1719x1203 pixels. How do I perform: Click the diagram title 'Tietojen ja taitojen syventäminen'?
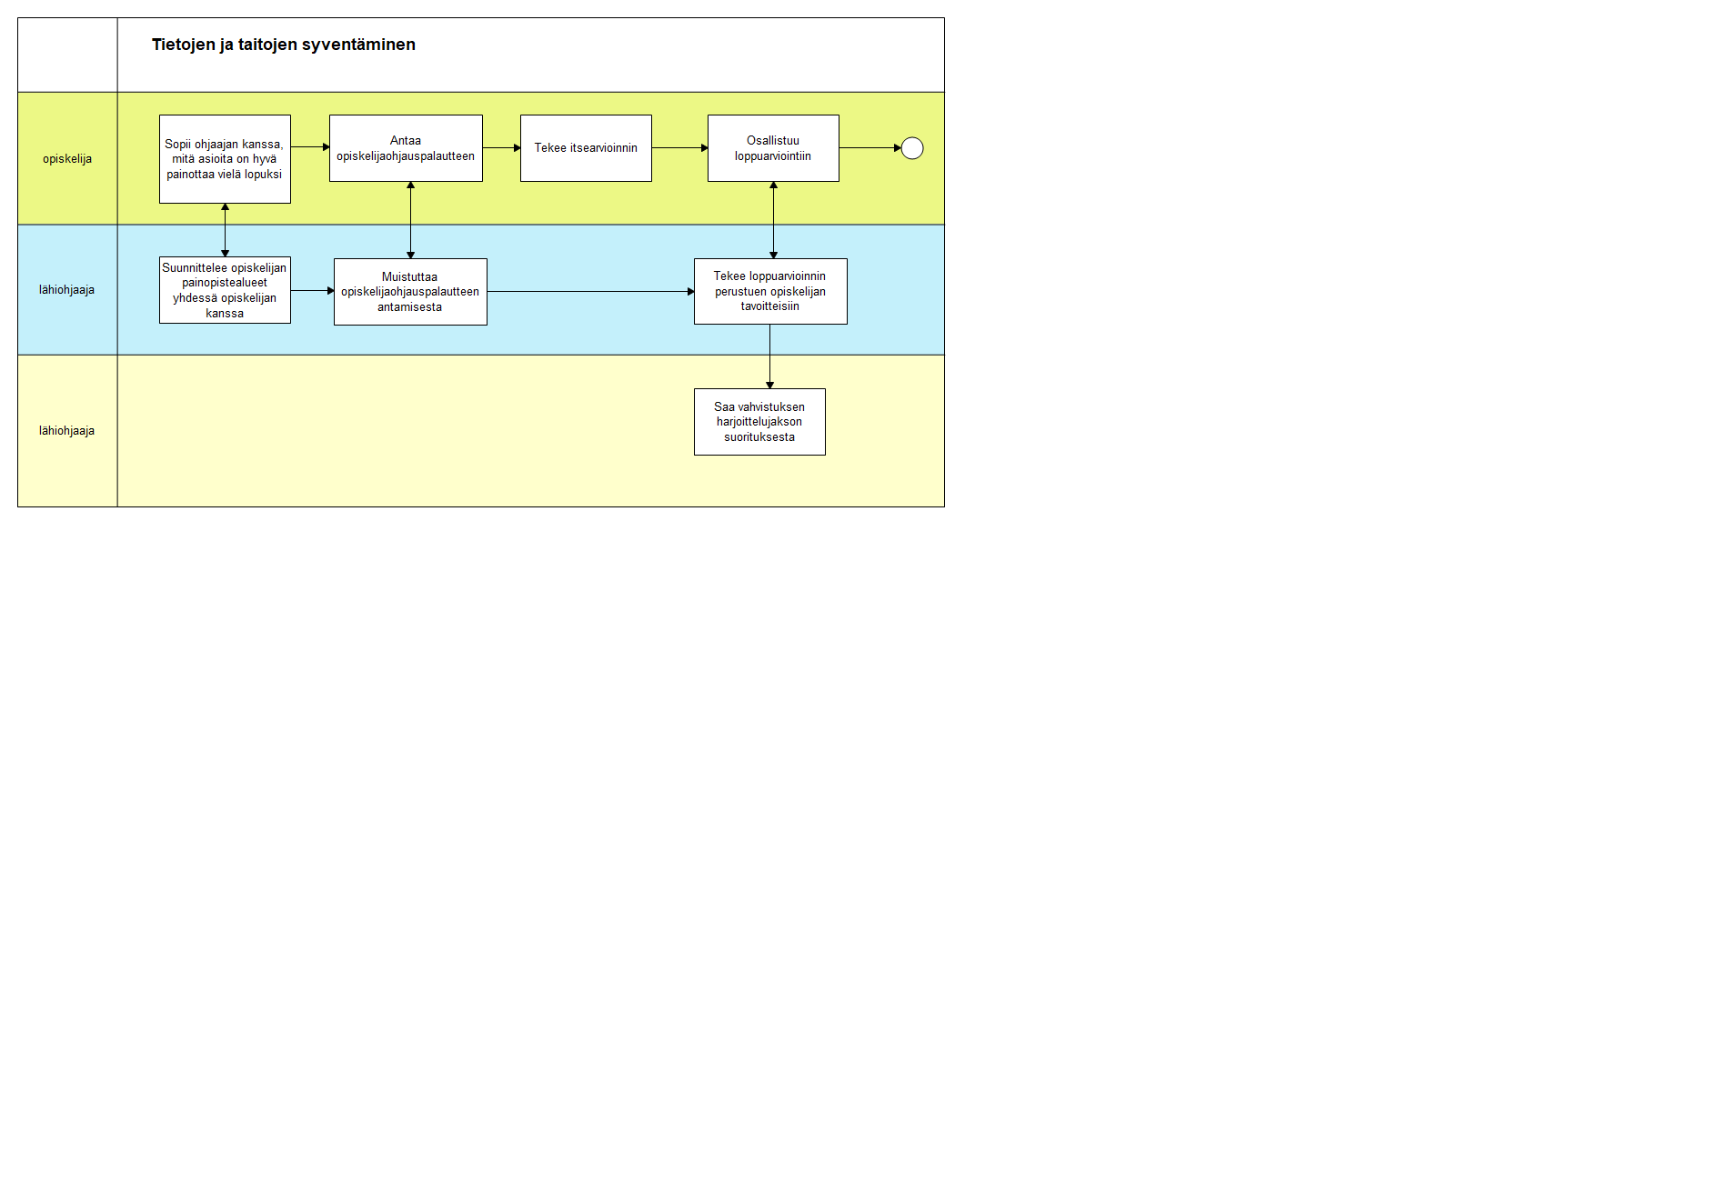[x=283, y=45]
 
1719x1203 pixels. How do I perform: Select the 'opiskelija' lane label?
[x=67, y=159]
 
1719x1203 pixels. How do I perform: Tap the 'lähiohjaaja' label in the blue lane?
[x=66, y=290]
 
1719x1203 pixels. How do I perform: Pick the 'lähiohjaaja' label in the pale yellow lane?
[x=66, y=431]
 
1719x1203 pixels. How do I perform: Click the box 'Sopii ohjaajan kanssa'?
[x=225, y=159]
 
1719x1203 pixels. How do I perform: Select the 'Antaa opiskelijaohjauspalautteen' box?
[x=406, y=148]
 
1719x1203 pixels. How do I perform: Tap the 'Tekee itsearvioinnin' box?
[x=586, y=148]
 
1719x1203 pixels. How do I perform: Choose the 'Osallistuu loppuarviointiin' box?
[x=773, y=148]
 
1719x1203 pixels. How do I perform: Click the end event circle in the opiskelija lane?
[x=912, y=148]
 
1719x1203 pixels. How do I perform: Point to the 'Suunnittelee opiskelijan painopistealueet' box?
[x=225, y=290]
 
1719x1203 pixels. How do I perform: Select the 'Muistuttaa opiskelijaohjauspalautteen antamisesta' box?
[x=410, y=292]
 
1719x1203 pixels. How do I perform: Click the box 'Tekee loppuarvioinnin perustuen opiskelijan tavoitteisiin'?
[x=770, y=291]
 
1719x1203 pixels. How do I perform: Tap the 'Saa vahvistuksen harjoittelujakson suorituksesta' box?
[x=759, y=422]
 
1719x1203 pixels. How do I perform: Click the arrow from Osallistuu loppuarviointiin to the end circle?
[x=870, y=148]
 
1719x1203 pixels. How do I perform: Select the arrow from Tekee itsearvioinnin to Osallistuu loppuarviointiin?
[x=680, y=148]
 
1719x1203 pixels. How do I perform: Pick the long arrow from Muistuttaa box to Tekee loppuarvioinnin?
[x=591, y=292]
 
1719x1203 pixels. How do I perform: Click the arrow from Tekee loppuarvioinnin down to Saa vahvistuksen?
[x=769, y=356]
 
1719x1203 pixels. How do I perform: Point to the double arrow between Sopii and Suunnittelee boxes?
[x=225, y=230]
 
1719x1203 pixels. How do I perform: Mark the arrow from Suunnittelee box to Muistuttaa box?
[x=313, y=291]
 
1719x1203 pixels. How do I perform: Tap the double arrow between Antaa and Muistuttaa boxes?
[x=410, y=220]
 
